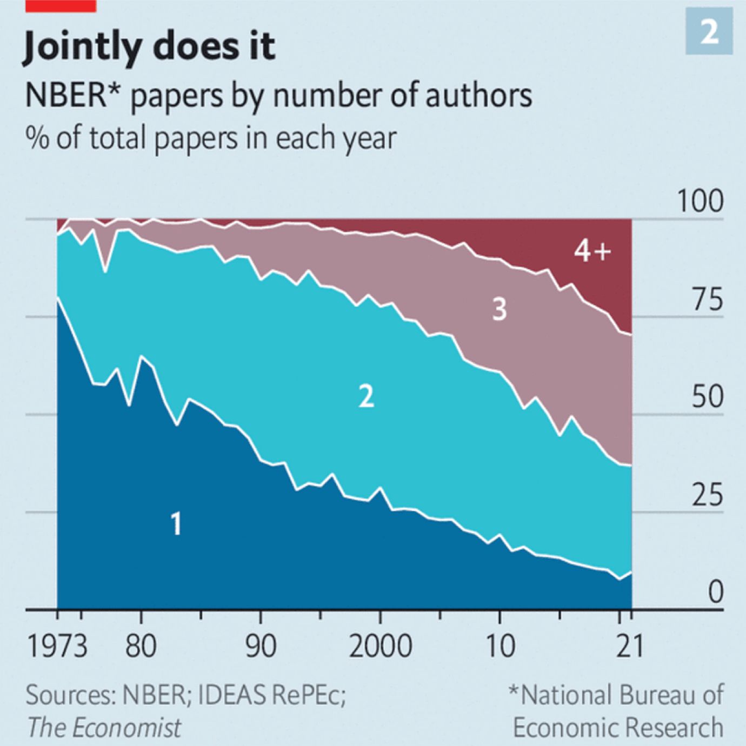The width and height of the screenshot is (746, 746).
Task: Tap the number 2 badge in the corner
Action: pos(709,32)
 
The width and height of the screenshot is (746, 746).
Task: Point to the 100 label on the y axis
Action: pos(700,201)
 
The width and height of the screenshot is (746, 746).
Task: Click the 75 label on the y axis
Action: pos(707,299)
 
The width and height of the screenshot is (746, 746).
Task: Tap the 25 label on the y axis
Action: pos(707,494)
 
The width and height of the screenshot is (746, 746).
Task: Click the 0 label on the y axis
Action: pos(715,591)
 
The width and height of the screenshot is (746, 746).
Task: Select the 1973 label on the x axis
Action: pos(57,646)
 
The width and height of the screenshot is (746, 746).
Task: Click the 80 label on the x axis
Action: pos(141,646)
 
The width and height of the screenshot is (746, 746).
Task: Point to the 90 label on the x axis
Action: pos(261,646)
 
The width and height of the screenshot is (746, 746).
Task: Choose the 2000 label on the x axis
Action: pos(380,646)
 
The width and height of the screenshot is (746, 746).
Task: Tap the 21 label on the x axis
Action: pos(630,646)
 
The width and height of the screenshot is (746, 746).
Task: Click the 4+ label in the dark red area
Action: pos(592,251)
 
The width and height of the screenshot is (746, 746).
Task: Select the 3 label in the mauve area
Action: pos(499,309)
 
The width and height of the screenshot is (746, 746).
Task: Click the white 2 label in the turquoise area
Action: pos(366,396)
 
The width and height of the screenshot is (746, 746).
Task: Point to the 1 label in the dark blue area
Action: pos(176,523)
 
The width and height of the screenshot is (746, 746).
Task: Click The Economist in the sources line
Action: pos(104,727)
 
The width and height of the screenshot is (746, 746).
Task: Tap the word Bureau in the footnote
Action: pos(657,695)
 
